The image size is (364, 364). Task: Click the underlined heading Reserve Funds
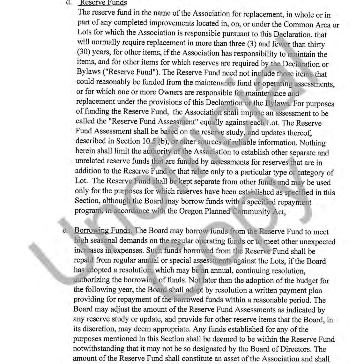(x=103, y=3)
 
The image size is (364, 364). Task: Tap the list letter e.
(x=64, y=230)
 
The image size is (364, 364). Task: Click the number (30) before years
(x=83, y=52)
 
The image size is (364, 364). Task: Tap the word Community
(x=251, y=212)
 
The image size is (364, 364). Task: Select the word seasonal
(x=104, y=240)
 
